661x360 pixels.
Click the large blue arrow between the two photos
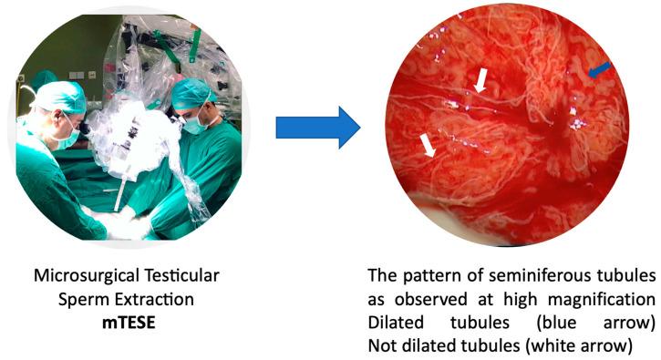pyautogui.click(x=318, y=127)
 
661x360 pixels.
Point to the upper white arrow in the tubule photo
pyautogui.click(x=480, y=82)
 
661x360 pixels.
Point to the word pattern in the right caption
pyautogui.click(x=421, y=274)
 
